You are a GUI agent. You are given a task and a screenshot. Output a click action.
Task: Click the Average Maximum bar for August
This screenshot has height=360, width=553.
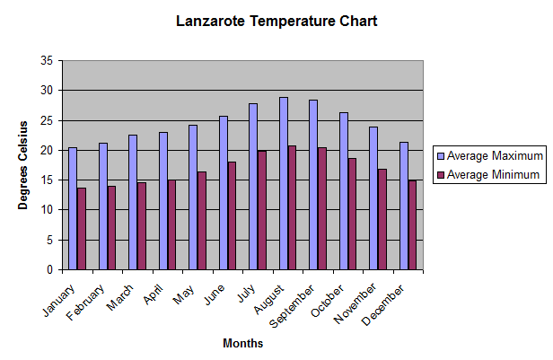click(284, 184)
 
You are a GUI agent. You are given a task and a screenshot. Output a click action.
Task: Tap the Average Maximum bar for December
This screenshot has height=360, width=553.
click(404, 206)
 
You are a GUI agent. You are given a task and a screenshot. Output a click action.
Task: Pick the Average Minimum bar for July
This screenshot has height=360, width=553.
click(262, 211)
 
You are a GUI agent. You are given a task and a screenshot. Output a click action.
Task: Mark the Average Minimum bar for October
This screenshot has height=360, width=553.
click(353, 215)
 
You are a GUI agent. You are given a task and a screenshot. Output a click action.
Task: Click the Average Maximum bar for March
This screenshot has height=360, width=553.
click(133, 203)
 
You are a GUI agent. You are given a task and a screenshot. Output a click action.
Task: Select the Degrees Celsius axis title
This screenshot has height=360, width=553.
click(24, 165)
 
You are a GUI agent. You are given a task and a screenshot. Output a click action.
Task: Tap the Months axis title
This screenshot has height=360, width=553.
click(242, 343)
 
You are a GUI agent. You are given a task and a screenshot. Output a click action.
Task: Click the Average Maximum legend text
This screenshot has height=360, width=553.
click(495, 155)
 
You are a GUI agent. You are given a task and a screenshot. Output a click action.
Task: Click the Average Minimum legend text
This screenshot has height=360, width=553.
click(494, 174)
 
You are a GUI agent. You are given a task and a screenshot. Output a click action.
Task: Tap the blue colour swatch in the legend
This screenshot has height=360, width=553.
click(440, 155)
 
